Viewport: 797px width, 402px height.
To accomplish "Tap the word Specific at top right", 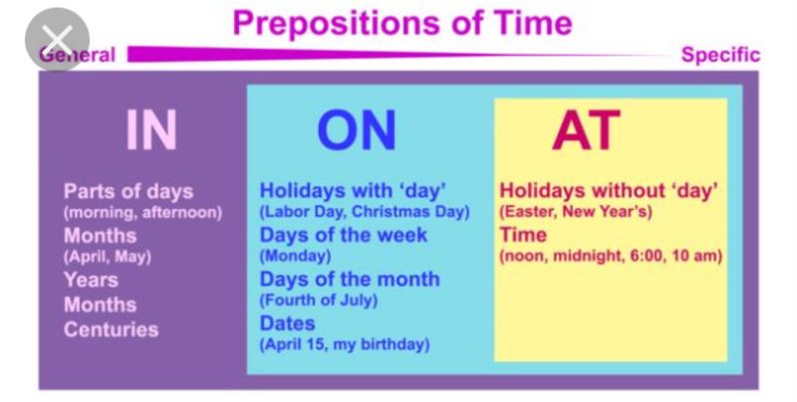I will (720, 55).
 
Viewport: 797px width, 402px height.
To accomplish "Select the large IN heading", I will (150, 129).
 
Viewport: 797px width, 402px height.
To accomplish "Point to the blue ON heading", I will (356, 130).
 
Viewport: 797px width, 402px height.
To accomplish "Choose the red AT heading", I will (586, 130).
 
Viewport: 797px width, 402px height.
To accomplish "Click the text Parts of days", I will (129, 191).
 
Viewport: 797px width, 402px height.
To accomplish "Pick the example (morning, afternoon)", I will (142, 212).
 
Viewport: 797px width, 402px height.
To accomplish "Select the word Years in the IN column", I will (91, 281).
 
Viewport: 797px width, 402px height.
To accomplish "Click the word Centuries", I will (111, 329).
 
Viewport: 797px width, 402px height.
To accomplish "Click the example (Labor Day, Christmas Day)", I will (365, 211).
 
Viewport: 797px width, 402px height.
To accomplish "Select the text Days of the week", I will (343, 235).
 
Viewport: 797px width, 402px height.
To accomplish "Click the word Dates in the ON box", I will (288, 323).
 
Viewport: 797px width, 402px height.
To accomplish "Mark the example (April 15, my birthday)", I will (344, 344).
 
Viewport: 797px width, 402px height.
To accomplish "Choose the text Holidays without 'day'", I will (609, 190).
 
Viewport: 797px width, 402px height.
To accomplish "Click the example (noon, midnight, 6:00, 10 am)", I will (610, 256).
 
